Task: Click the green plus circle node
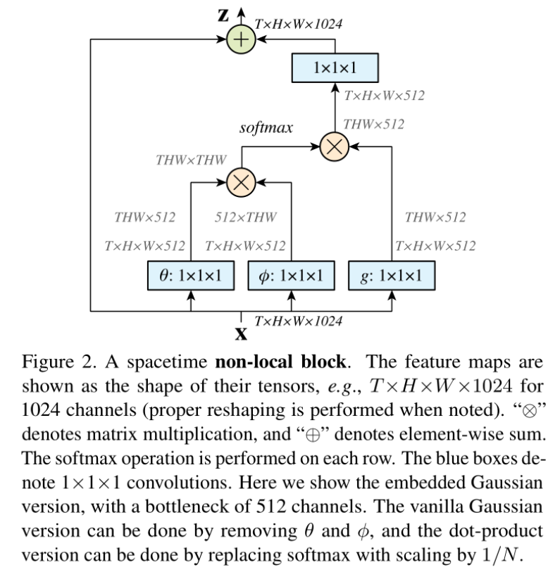click(x=241, y=39)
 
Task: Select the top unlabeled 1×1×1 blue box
click(x=335, y=68)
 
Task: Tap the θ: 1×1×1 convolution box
click(x=191, y=276)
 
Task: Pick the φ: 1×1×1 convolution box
click(x=291, y=276)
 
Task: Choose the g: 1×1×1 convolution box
click(x=392, y=276)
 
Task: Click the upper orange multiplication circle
click(x=335, y=146)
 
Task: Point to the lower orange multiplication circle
click(x=241, y=182)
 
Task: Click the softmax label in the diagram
click(x=266, y=127)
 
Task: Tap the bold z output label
click(x=223, y=15)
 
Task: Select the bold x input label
click(x=241, y=333)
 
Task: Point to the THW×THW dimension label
click(x=191, y=160)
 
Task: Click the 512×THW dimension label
click(x=245, y=217)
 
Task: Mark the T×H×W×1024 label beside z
click(x=299, y=24)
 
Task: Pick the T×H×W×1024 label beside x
click(x=299, y=321)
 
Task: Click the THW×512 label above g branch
click(x=435, y=217)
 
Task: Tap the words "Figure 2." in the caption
click(x=59, y=362)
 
